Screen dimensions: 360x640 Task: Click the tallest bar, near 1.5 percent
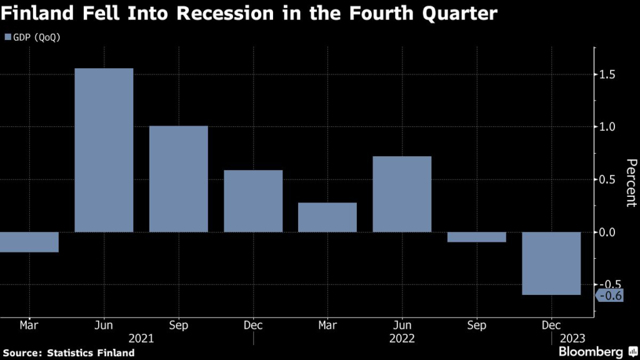point(104,150)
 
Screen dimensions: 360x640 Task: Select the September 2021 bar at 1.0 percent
point(178,179)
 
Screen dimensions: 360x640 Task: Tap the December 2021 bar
point(253,201)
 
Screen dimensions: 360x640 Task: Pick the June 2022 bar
point(402,194)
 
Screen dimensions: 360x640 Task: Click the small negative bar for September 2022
point(476,237)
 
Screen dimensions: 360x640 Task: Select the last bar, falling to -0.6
point(551,263)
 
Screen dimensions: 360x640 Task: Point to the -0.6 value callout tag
point(609,296)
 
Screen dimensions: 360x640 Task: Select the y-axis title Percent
point(631,182)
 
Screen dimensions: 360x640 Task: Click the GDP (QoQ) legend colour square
point(7,37)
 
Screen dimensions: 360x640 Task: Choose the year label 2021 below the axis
point(141,338)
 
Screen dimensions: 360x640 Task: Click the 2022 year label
point(402,338)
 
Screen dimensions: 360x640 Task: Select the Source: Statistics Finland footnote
point(67,352)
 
